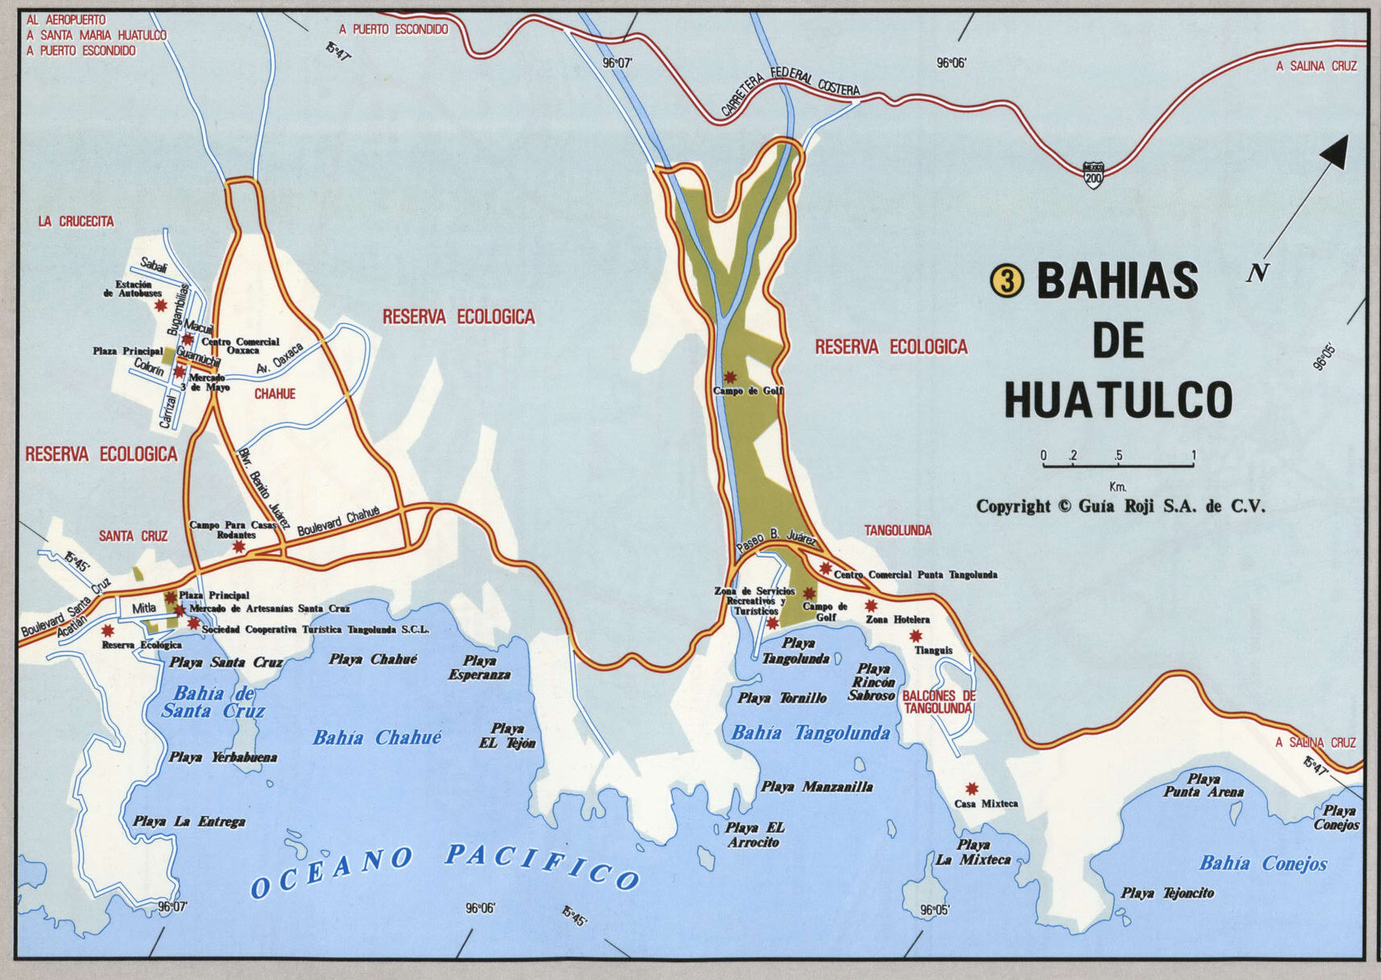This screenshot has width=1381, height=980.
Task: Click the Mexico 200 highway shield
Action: pos(1093,174)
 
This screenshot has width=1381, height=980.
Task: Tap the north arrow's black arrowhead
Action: pos(1335,152)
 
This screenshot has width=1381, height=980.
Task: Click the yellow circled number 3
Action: pos(1007,281)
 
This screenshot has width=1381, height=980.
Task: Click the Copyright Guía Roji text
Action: pos(1121,507)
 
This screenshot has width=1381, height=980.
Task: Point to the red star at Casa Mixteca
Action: pos(971,789)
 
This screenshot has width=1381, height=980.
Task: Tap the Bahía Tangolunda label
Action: pos(810,733)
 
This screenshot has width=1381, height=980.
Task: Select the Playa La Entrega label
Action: pos(189,822)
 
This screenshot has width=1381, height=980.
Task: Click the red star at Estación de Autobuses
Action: pos(161,306)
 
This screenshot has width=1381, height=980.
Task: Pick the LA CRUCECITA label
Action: pos(76,222)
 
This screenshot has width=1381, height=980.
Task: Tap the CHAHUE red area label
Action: pos(275,394)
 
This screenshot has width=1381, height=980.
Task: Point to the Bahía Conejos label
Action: pos(1262,864)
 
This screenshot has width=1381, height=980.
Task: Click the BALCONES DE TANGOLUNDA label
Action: pos(938,702)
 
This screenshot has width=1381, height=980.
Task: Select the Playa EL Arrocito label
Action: pos(754,835)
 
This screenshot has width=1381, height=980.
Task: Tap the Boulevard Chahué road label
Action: pos(338,522)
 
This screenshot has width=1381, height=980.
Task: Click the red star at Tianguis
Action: pos(916,636)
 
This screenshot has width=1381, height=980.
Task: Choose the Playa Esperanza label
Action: pos(480,668)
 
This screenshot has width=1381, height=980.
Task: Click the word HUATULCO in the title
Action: pos(1118,400)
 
